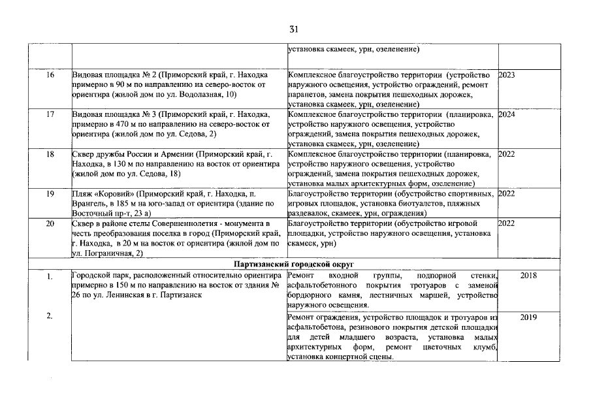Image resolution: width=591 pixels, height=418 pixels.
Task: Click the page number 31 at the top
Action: (x=295, y=29)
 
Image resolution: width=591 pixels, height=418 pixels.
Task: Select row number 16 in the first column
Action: (x=50, y=75)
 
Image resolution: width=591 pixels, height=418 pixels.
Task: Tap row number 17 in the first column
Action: (x=50, y=115)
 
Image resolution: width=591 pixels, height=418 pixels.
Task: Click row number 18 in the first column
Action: (x=50, y=155)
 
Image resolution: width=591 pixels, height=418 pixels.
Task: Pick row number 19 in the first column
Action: (x=50, y=194)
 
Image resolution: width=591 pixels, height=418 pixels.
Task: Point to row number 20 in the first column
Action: (x=50, y=224)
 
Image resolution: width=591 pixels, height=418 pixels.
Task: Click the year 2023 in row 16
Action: (x=507, y=75)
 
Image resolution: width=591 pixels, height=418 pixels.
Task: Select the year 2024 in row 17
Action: (x=507, y=115)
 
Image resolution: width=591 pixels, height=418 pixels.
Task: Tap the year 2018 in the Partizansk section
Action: (x=528, y=276)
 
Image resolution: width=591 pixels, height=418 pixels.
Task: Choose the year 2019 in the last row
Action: (x=528, y=317)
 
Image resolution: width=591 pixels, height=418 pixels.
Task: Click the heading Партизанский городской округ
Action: (x=294, y=264)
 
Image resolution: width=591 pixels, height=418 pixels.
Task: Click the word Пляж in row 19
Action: (x=82, y=194)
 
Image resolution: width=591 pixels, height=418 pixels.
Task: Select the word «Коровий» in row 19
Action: (x=113, y=194)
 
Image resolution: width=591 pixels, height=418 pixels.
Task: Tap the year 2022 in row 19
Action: (x=507, y=194)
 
